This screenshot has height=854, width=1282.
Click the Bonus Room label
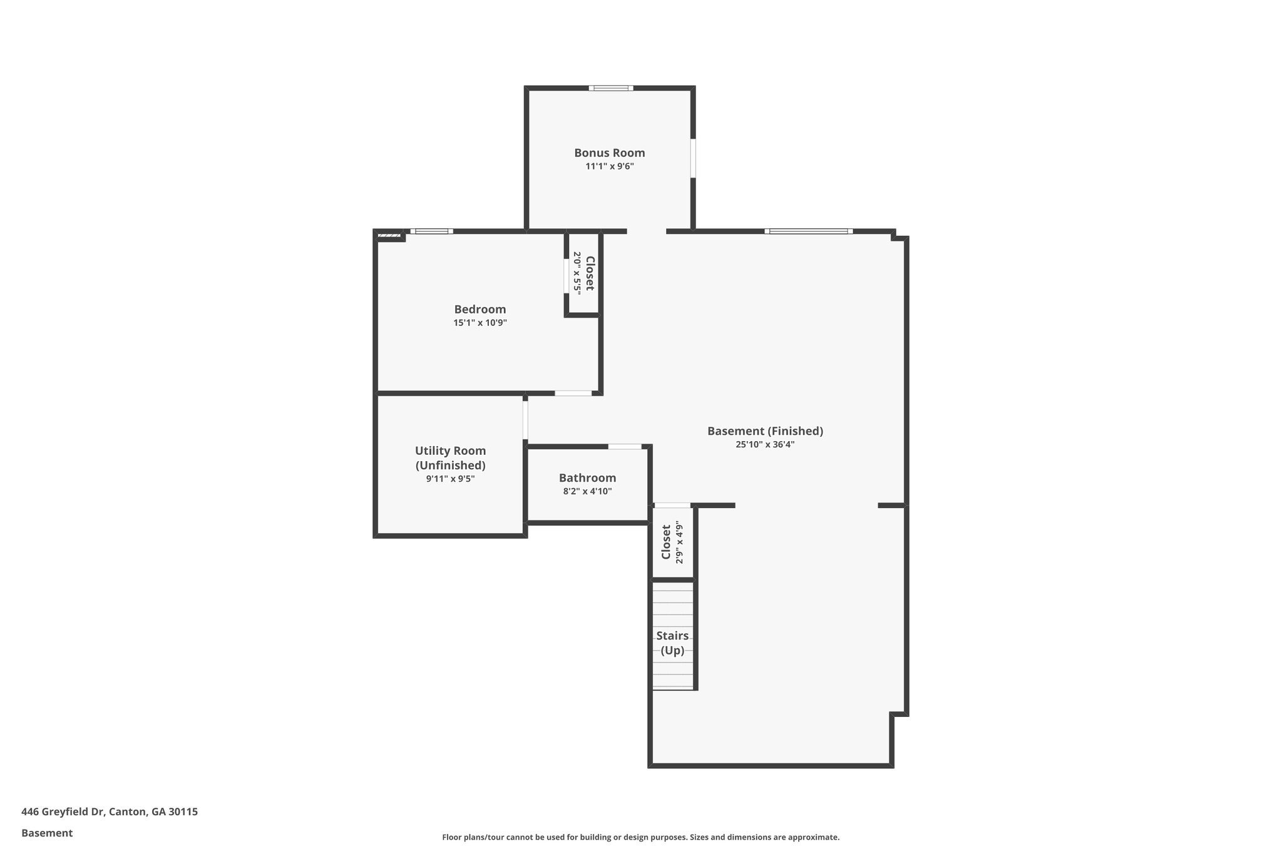(609, 153)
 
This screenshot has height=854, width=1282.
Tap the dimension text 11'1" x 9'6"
(609, 166)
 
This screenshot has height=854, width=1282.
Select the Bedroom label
(479, 309)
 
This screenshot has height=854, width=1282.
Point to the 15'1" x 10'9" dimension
(479, 323)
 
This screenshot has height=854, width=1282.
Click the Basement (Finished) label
(765, 431)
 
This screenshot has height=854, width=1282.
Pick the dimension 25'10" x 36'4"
(765, 445)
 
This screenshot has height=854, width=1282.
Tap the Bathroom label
(587, 478)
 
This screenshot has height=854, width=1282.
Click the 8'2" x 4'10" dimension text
(587, 492)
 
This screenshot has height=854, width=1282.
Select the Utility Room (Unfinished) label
(450, 458)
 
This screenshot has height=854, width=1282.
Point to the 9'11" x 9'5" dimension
(450, 479)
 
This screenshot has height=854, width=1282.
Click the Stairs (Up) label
(672, 643)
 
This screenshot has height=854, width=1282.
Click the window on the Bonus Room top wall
(610, 88)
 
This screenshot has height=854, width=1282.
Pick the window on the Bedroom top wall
(432, 231)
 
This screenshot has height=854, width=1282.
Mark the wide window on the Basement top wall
(808, 231)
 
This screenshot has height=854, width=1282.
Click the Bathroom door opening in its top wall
(625, 447)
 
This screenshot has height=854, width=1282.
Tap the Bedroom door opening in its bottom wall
(573, 394)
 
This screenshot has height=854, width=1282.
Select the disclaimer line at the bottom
(640, 837)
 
